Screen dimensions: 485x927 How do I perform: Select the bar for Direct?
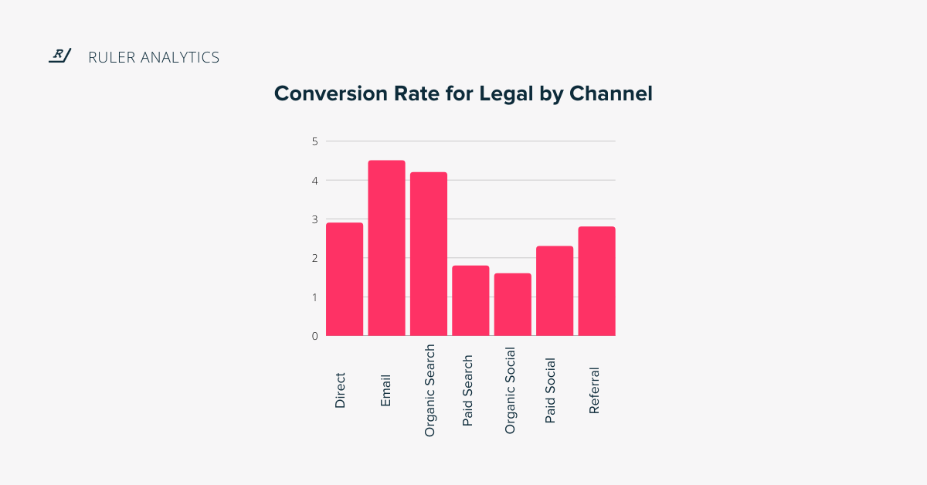click(345, 280)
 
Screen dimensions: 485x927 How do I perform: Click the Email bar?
click(386, 248)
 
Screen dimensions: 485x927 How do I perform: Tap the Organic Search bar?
click(428, 254)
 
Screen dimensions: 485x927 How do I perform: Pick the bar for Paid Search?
click(470, 300)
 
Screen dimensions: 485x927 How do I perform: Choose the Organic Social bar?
click(512, 304)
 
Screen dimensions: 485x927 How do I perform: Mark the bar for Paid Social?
click(555, 291)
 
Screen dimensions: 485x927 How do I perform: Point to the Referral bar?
click(596, 281)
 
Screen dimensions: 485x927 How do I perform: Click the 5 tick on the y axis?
click(314, 141)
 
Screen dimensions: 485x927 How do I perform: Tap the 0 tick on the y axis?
click(314, 336)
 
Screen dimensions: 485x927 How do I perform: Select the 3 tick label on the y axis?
click(314, 219)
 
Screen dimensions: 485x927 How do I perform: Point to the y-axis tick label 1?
click(314, 297)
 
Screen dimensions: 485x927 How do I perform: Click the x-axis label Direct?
click(341, 390)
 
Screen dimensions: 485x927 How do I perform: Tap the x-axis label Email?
click(386, 391)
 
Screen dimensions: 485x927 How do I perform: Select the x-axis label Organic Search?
click(430, 391)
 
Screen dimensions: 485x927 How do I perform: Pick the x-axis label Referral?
click(594, 390)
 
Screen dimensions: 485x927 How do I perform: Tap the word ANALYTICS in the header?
click(180, 57)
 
